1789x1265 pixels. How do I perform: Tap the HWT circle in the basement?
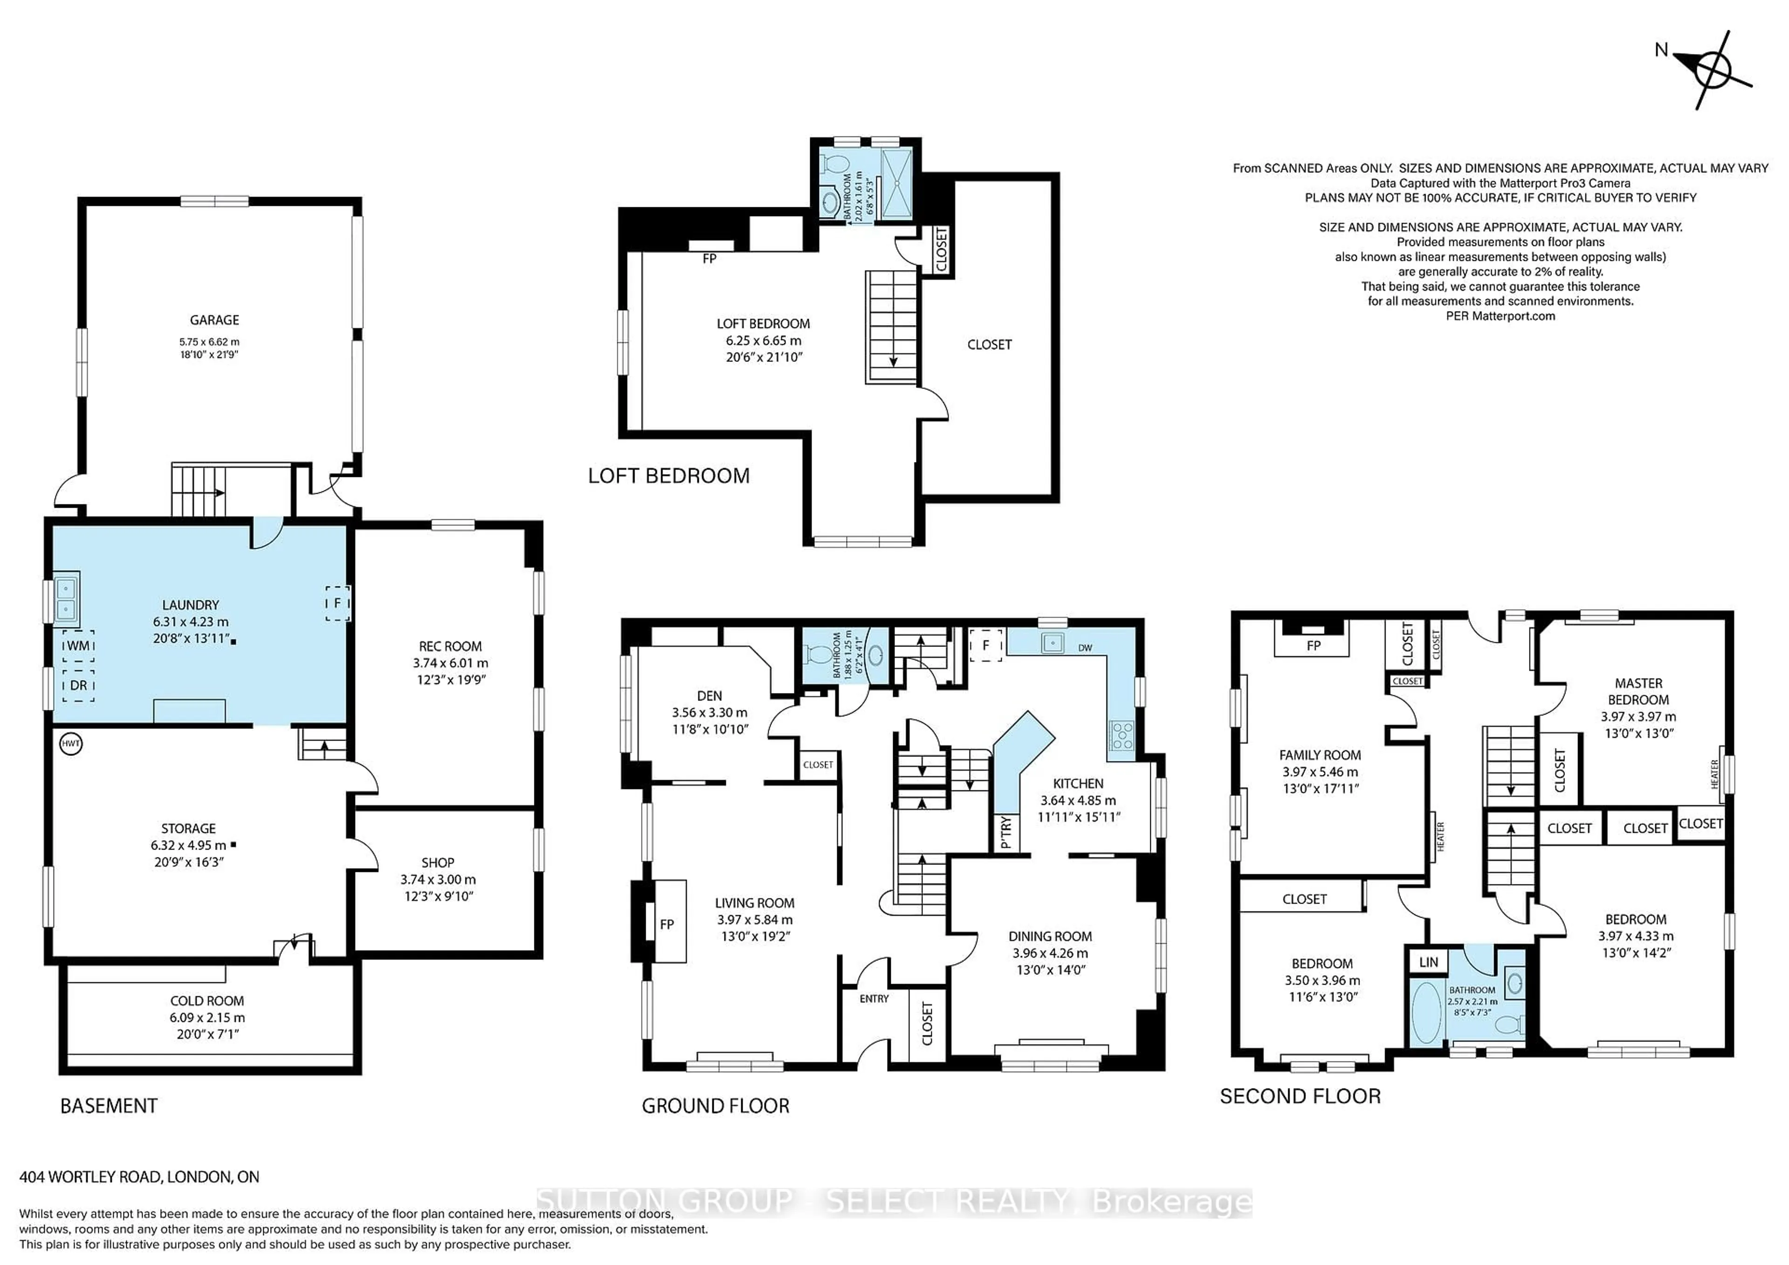tap(71, 744)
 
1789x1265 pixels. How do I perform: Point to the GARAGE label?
tap(214, 320)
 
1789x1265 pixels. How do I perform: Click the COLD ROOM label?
tap(207, 1001)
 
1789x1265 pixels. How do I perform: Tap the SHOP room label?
tap(438, 863)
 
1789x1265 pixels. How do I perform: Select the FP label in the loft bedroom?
tap(709, 258)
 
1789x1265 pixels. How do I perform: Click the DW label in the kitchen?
tap(1086, 648)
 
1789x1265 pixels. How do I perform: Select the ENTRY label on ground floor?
tap(874, 999)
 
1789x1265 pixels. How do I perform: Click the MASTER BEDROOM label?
tap(1639, 692)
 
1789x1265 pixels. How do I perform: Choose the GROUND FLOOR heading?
tap(715, 1106)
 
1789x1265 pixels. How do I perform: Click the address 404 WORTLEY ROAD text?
tap(139, 1177)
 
